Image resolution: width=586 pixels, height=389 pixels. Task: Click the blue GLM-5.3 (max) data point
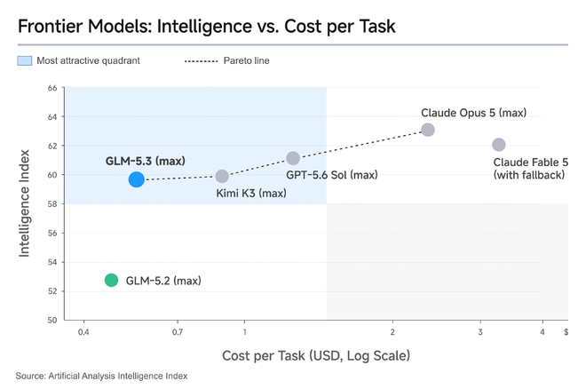click(137, 179)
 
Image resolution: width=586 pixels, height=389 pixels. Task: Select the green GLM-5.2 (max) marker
click(111, 280)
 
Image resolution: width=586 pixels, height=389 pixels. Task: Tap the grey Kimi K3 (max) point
click(222, 176)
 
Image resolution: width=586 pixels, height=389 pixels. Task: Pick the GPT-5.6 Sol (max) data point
click(293, 158)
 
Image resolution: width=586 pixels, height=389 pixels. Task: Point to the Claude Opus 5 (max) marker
click(428, 130)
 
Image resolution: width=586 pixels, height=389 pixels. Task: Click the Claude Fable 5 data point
click(499, 145)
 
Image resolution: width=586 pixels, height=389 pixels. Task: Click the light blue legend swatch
click(25, 60)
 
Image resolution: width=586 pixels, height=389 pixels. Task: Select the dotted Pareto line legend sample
click(201, 61)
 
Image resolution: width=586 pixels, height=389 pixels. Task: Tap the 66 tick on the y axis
click(52, 88)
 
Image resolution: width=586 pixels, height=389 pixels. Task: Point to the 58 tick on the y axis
click(52, 204)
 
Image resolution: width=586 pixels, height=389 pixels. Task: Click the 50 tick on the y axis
click(52, 320)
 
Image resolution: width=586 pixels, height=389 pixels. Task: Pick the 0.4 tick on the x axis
click(83, 332)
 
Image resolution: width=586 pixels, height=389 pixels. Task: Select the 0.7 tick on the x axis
click(178, 332)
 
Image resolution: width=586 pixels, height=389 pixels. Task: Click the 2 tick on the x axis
click(392, 332)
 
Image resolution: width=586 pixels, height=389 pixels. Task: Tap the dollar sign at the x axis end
click(566, 332)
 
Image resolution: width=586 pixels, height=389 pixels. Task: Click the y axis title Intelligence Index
click(24, 203)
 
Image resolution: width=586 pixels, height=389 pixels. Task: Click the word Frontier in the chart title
click(50, 26)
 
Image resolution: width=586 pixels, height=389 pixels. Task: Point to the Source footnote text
click(101, 376)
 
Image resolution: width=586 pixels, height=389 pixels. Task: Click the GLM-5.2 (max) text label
click(163, 281)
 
